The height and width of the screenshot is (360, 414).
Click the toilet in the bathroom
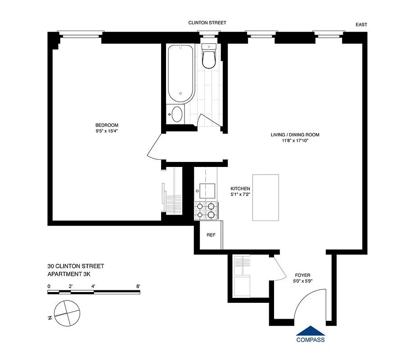[209, 57]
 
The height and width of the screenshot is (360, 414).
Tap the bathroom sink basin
[177, 114]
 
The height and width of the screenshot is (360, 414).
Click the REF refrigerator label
[211, 235]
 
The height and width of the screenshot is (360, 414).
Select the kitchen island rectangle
[266, 197]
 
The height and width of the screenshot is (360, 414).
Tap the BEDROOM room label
[106, 125]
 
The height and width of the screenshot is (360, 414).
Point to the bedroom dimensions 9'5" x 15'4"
[106, 131]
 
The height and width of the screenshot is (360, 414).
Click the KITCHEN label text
[240, 189]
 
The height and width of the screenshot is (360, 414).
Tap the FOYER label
[302, 275]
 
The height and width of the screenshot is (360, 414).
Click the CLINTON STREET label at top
[207, 22]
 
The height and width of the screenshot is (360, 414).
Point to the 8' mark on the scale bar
[138, 286]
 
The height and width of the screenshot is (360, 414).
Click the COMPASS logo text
[310, 340]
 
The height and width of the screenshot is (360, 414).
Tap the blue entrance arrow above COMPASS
[310, 330]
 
